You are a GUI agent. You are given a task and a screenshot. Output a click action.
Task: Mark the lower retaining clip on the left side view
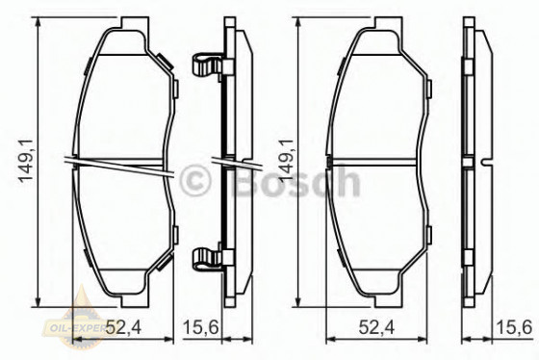click(x=204, y=258)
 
